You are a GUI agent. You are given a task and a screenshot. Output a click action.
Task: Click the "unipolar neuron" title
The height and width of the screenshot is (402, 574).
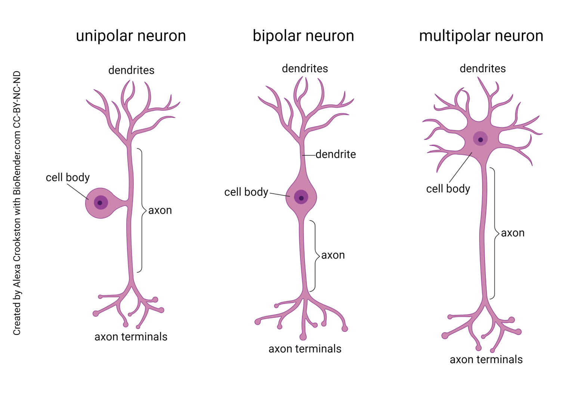pyautogui.click(x=131, y=36)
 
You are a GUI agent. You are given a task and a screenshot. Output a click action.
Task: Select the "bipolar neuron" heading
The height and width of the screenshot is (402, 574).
pyautogui.click(x=303, y=36)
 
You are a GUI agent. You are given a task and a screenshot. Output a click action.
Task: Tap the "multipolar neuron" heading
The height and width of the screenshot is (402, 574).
pyautogui.click(x=481, y=36)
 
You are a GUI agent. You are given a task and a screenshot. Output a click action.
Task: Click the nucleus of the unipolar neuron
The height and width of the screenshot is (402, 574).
pyautogui.click(x=100, y=203)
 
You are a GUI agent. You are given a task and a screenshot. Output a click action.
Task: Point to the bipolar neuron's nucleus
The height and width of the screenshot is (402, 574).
pyautogui.click(x=301, y=197)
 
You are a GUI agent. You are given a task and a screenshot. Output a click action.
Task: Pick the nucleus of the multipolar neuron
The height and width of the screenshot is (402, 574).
pyautogui.click(x=481, y=139)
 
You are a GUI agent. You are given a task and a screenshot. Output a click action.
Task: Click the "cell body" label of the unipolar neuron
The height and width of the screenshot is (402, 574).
pyautogui.click(x=68, y=177)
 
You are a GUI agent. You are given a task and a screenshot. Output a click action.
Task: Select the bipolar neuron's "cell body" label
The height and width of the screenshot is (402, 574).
pyautogui.click(x=246, y=192)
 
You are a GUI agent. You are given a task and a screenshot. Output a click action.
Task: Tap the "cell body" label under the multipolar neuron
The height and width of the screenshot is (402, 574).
pyautogui.click(x=448, y=189)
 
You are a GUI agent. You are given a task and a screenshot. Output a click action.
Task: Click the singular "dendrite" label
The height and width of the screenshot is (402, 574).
pyautogui.click(x=336, y=154)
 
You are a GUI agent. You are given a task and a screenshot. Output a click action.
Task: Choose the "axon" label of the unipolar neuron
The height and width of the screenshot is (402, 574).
pyautogui.click(x=160, y=211)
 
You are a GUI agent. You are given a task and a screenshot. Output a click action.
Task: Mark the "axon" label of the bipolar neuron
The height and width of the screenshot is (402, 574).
pyautogui.click(x=333, y=255)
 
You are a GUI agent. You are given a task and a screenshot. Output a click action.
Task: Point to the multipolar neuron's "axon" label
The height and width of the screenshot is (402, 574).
pyautogui.click(x=513, y=233)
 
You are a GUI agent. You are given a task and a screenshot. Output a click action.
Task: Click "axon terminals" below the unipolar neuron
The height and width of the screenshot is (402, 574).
pyautogui.click(x=131, y=337)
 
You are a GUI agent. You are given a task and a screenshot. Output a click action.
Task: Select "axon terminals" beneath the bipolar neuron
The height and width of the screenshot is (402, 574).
pyautogui.click(x=305, y=349)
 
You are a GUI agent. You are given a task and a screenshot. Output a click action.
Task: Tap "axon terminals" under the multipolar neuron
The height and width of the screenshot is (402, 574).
pyautogui.click(x=486, y=360)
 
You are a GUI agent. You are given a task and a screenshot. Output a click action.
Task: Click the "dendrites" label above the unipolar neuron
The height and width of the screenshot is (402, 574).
pyautogui.click(x=131, y=70)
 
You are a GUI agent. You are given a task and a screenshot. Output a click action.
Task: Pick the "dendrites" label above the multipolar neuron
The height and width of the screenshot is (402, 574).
pyautogui.click(x=482, y=68)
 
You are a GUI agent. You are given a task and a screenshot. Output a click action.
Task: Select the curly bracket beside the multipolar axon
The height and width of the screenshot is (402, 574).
pyautogui.click(x=495, y=233)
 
